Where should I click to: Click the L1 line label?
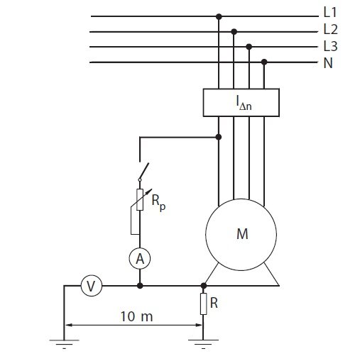pyautogui.click(x=330, y=12)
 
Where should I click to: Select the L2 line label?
pyautogui.click(x=330, y=30)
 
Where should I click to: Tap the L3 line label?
pyautogui.click(x=330, y=46)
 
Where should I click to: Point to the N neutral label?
pyautogui.click(x=328, y=63)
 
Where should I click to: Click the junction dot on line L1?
pyautogui.click(x=219, y=16)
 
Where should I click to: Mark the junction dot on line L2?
pyautogui.click(x=234, y=31)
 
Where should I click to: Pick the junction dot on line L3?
pyautogui.click(x=249, y=47)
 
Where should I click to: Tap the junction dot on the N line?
pyautogui.click(x=264, y=62)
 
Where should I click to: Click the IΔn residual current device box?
pyautogui.click(x=241, y=103)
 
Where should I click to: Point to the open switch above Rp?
pyautogui.click(x=143, y=172)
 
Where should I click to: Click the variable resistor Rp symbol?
pyautogui.click(x=140, y=200)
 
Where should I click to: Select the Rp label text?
pyautogui.click(x=158, y=202)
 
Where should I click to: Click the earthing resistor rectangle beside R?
pyautogui.click(x=203, y=304)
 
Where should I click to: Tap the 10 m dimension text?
pyautogui.click(x=136, y=316)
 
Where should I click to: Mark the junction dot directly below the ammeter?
pyautogui.click(x=140, y=286)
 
